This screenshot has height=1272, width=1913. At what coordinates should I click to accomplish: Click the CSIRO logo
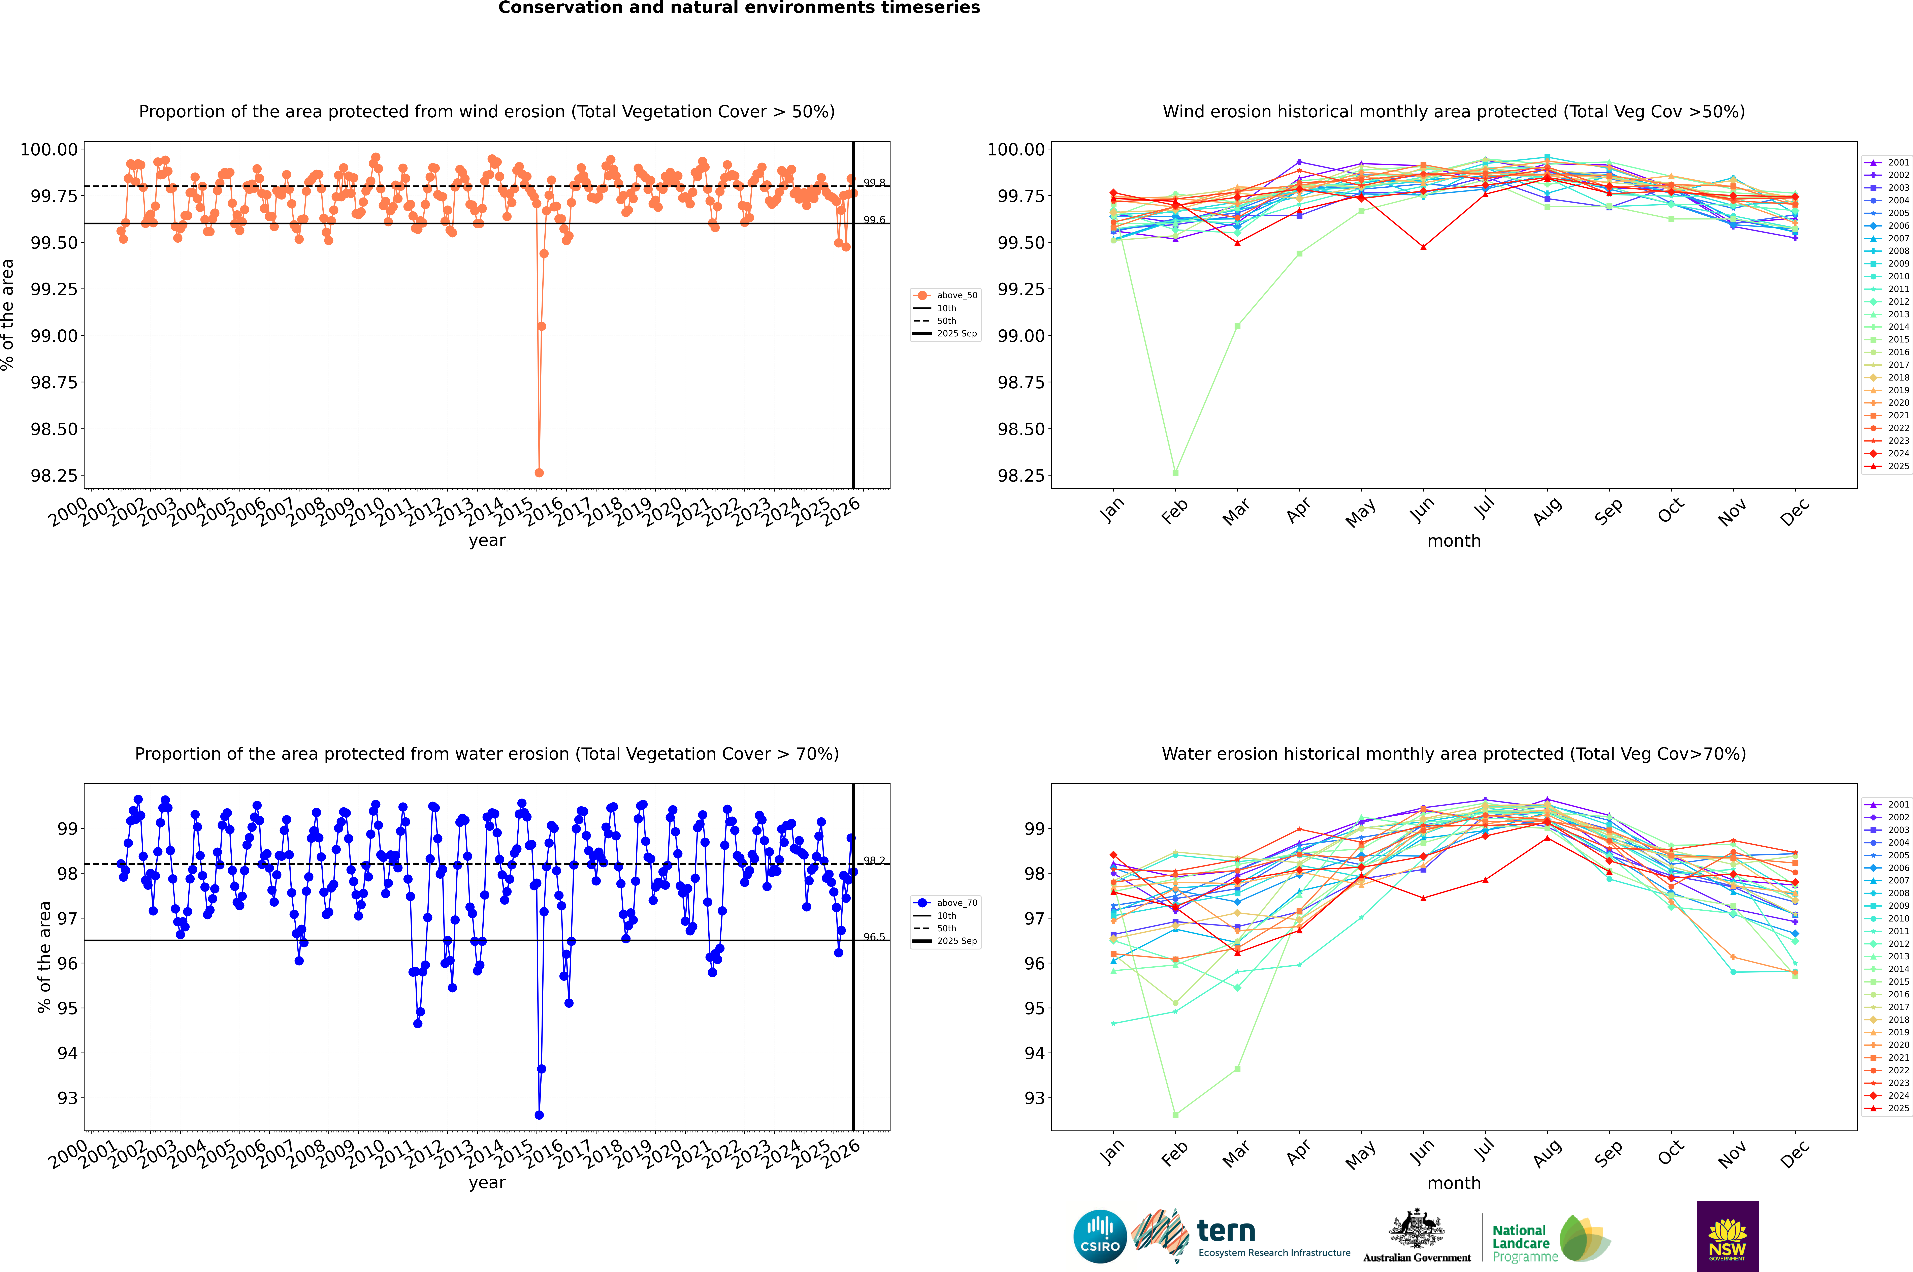(1100, 1236)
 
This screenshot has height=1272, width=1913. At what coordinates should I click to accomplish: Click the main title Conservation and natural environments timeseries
(739, 8)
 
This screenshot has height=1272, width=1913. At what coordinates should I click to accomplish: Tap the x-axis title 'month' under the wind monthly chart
(1453, 541)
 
